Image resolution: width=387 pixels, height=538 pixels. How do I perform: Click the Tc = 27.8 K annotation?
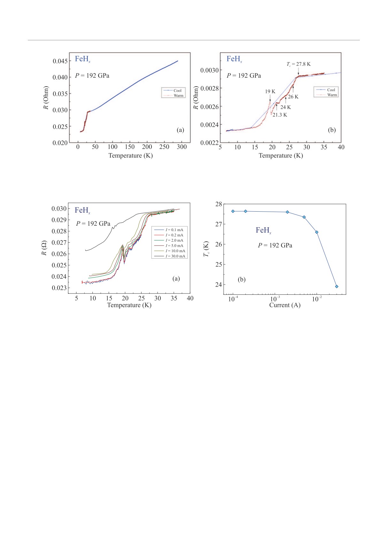(x=298, y=64)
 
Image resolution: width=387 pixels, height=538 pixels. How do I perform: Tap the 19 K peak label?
(x=270, y=91)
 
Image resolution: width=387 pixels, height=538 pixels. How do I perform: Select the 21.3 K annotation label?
(x=280, y=115)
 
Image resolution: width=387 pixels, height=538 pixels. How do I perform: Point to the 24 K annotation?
(x=285, y=107)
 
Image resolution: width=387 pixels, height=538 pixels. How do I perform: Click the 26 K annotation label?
(x=293, y=97)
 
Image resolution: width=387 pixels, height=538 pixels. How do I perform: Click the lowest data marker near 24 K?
(x=337, y=286)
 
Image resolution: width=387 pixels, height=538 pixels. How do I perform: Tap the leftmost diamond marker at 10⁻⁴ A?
(x=233, y=211)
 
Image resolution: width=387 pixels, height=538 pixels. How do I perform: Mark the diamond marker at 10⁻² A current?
(x=317, y=232)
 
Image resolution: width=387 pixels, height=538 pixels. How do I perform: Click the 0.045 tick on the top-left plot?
(x=60, y=61)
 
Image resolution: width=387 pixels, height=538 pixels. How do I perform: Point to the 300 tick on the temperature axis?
(x=182, y=147)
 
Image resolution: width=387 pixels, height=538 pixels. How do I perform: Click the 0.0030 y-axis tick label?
(x=209, y=70)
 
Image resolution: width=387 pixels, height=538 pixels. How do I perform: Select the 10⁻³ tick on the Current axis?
(x=275, y=299)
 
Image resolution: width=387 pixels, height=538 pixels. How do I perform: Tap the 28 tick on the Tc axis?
(x=219, y=204)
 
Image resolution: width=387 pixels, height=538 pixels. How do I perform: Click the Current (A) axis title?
(x=285, y=305)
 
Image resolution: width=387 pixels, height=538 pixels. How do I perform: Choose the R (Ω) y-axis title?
(x=44, y=248)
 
